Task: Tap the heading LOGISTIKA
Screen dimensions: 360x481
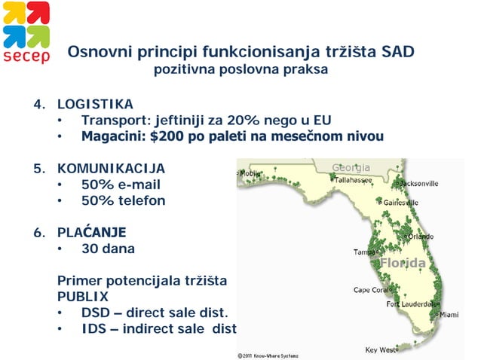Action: click(95, 104)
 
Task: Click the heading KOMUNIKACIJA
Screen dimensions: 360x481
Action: click(111, 168)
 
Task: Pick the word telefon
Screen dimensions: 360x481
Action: click(139, 200)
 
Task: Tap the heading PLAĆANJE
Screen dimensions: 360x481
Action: click(91, 232)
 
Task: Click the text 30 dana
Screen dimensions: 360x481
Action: click(108, 248)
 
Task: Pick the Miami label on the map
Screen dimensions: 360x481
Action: click(449, 314)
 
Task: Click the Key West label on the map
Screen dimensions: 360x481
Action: click(381, 349)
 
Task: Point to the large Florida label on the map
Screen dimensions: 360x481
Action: click(403, 264)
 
